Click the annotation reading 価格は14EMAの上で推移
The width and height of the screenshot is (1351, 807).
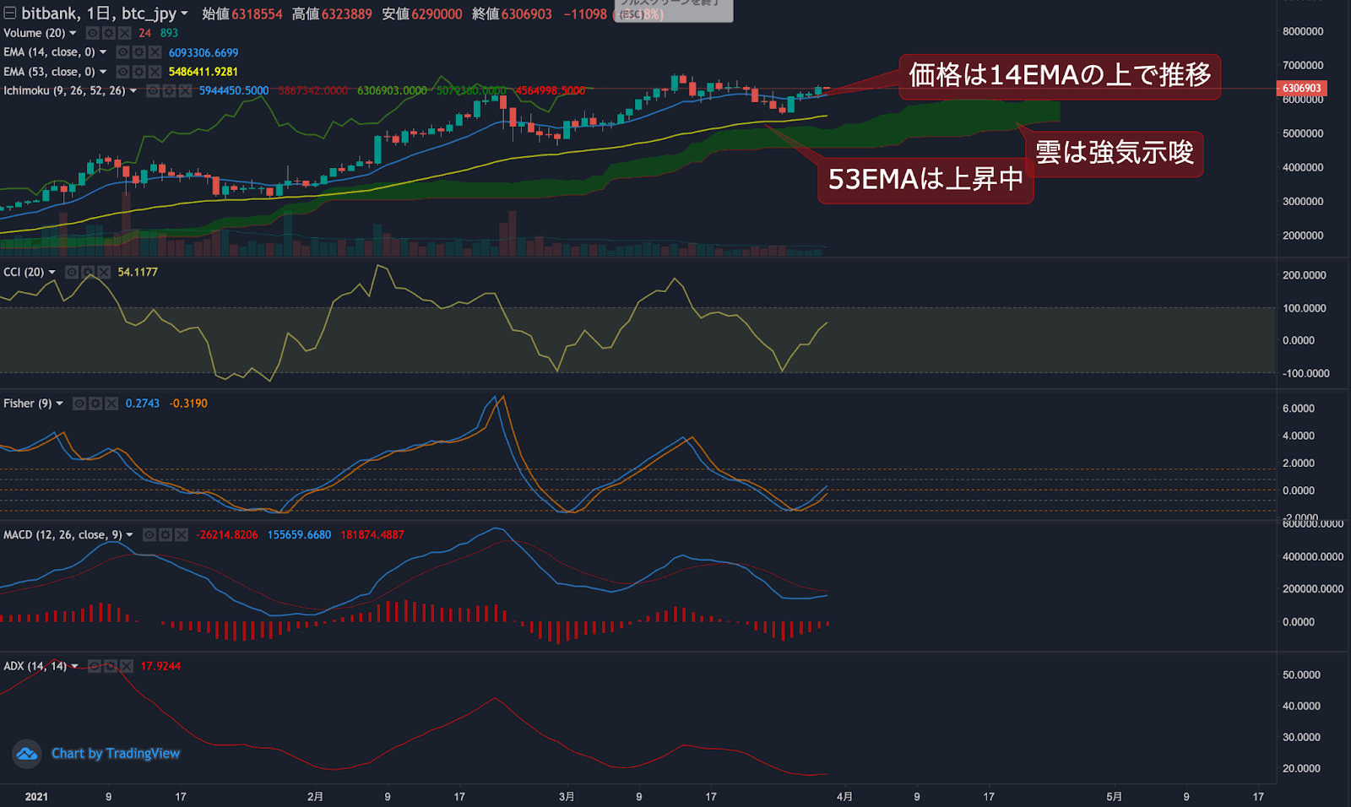point(1060,75)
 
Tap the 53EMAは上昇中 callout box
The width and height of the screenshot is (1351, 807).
point(925,179)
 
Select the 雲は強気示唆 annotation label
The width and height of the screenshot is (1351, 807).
point(1115,153)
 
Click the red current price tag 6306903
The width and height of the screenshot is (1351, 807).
point(1301,89)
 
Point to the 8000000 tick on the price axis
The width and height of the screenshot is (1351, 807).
point(1302,31)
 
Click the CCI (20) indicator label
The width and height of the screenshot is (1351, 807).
point(24,272)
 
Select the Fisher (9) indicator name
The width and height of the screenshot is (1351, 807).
point(27,403)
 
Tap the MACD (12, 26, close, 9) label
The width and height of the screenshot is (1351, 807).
point(62,535)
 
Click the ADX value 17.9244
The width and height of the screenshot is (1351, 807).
point(160,666)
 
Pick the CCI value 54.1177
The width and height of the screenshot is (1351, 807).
point(138,272)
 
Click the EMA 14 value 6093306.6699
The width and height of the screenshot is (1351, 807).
point(203,52)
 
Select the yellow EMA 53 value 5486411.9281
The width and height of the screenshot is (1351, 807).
point(203,72)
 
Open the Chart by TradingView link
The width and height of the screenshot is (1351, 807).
point(116,753)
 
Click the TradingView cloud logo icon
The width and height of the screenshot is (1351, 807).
point(27,753)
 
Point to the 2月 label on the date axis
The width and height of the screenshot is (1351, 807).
point(315,797)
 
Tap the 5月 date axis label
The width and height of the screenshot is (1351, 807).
point(1115,797)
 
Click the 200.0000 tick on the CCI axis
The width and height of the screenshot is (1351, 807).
point(1304,275)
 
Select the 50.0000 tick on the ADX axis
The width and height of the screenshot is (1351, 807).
point(1301,675)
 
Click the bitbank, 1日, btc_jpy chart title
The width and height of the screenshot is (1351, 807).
point(99,14)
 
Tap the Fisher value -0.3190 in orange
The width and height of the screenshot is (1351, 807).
point(188,403)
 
